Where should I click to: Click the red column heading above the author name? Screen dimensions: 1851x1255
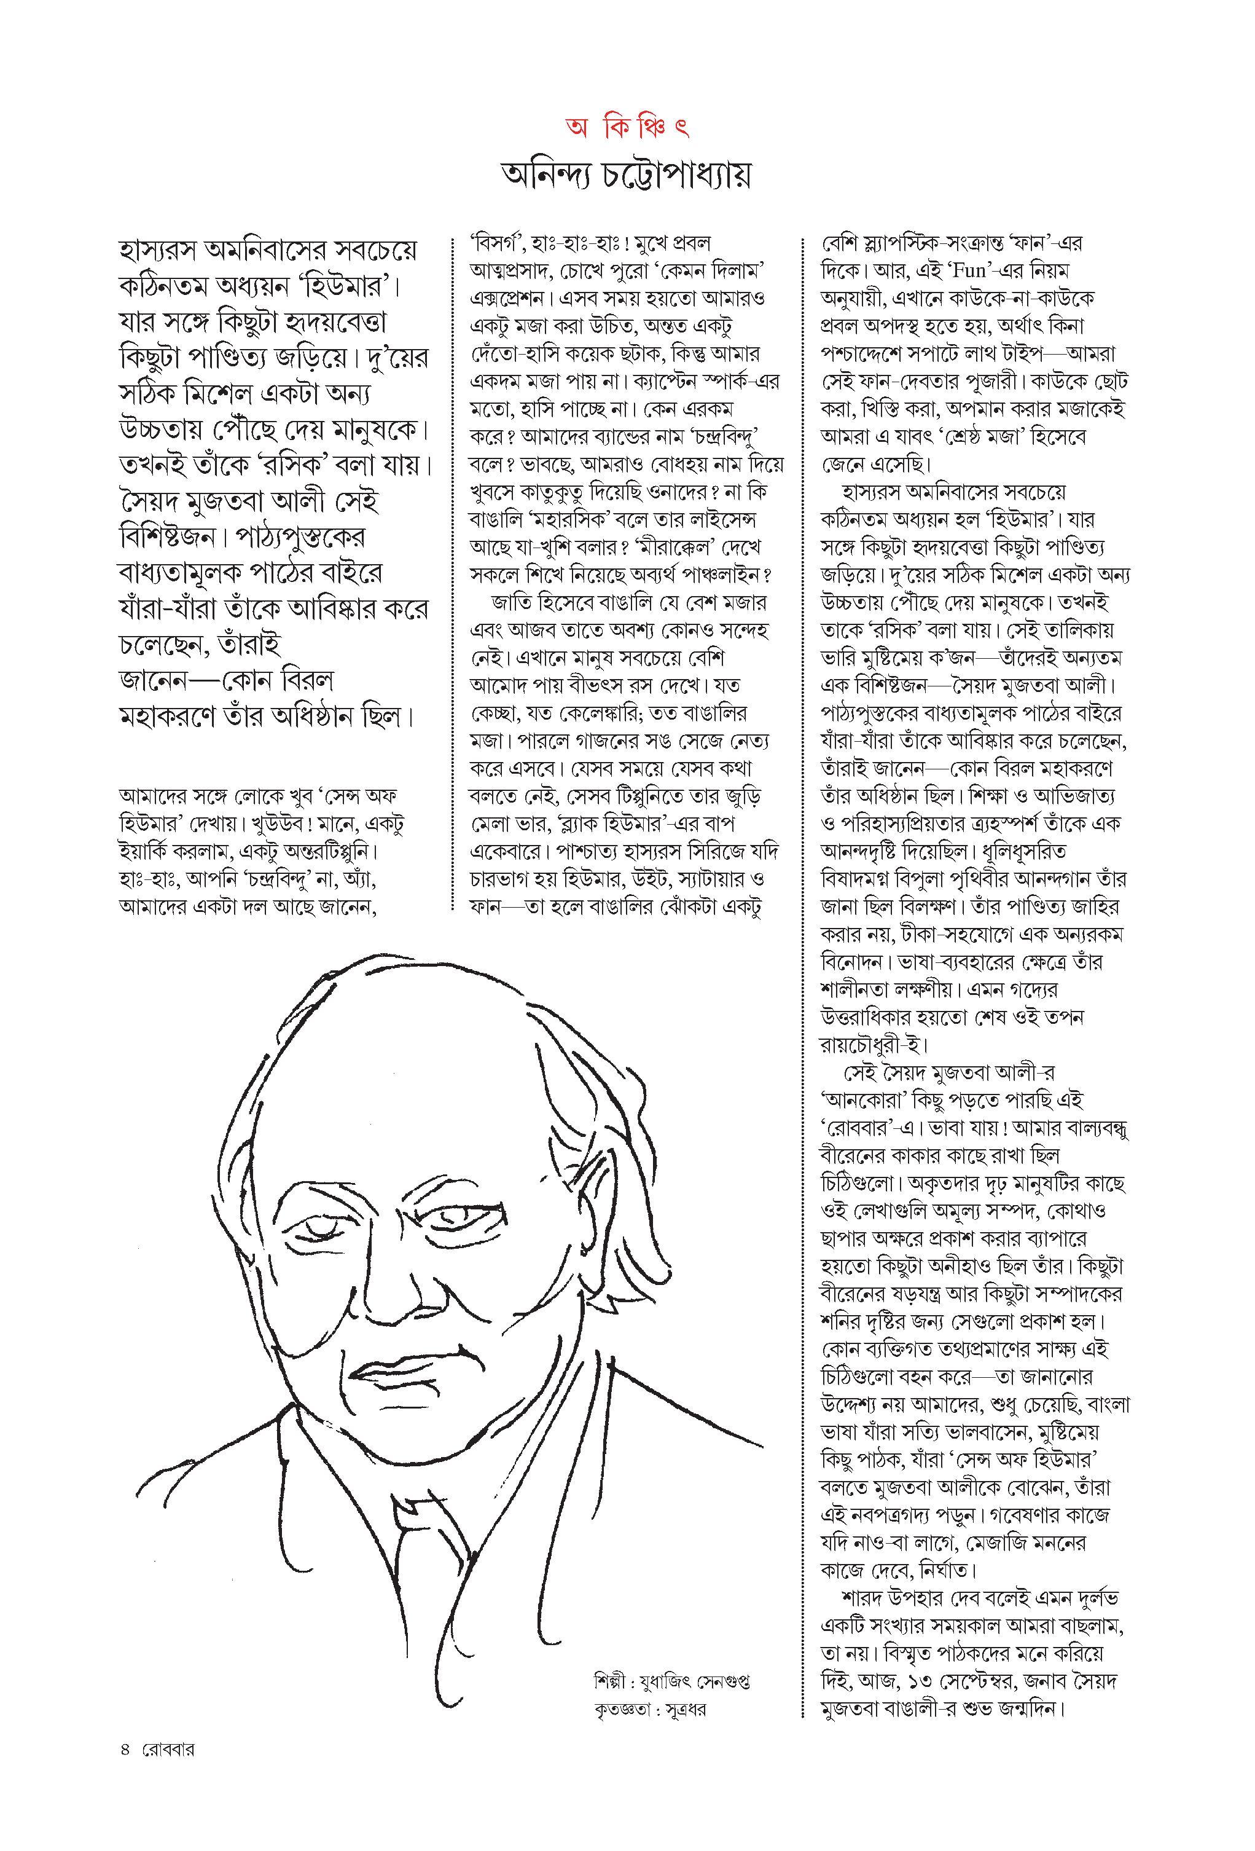tap(626, 127)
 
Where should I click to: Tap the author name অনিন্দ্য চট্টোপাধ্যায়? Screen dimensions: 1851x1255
tap(627, 176)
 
